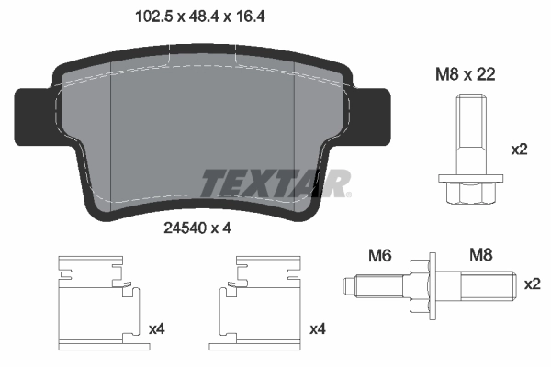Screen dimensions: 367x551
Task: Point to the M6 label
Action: (x=379, y=254)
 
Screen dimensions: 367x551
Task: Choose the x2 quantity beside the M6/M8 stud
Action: (x=532, y=285)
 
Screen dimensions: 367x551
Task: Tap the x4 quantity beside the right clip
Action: (x=319, y=328)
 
